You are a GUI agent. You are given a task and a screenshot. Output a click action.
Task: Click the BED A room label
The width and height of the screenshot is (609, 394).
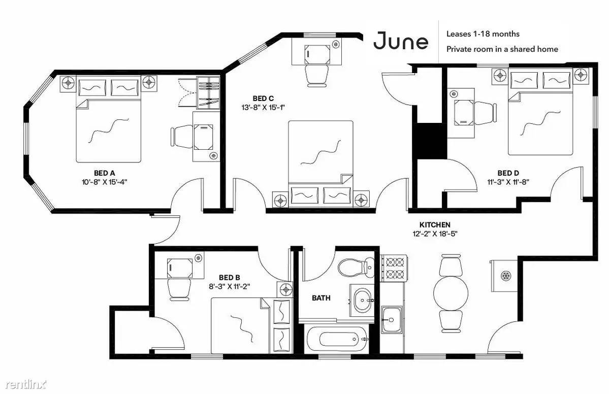pyautogui.click(x=105, y=173)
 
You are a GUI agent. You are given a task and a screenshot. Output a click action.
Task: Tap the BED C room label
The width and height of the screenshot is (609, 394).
pyautogui.click(x=263, y=98)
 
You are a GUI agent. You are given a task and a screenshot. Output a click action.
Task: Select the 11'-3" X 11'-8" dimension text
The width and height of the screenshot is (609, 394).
pyautogui.click(x=508, y=182)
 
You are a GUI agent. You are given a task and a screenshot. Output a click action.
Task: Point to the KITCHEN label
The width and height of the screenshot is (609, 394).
pyautogui.click(x=435, y=225)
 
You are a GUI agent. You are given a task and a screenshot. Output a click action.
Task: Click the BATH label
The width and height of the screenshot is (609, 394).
pyautogui.click(x=321, y=298)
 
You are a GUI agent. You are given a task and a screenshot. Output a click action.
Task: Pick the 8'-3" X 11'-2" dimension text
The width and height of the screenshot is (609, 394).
pyautogui.click(x=229, y=286)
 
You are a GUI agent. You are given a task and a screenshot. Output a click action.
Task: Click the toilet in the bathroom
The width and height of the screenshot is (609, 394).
pyautogui.click(x=356, y=268)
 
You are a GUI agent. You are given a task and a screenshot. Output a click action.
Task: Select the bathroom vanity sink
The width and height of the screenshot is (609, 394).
pyautogui.click(x=362, y=300)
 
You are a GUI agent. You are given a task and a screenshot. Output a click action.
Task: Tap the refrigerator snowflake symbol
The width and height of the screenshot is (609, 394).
pyautogui.click(x=506, y=276)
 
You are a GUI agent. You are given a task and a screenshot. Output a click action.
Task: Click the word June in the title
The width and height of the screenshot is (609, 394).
pyautogui.click(x=401, y=41)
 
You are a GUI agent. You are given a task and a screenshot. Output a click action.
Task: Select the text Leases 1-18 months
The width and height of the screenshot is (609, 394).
pyautogui.click(x=483, y=34)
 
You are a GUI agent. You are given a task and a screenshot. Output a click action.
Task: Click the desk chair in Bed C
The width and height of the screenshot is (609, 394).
pyautogui.click(x=317, y=76)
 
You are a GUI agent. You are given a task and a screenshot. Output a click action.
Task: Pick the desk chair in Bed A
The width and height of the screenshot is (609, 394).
pyautogui.click(x=182, y=137)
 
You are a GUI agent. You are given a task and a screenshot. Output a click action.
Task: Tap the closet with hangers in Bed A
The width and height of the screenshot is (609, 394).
pyautogui.click(x=208, y=93)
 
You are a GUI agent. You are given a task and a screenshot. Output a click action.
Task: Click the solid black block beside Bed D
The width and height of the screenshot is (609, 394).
pyautogui.click(x=431, y=141)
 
